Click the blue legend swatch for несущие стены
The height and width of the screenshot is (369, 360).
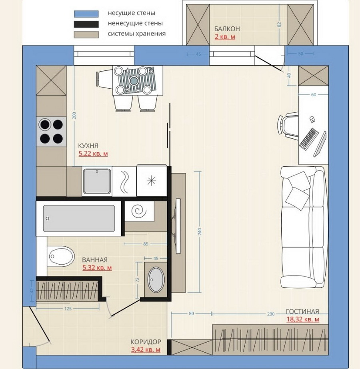point(86,14)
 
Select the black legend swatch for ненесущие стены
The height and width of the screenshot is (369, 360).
point(86,24)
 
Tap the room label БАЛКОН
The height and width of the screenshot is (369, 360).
point(227,29)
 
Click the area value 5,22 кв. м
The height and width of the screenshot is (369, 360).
point(93,154)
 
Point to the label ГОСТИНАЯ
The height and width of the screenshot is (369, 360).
point(302,311)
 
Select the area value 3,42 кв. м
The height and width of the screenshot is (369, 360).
point(146,349)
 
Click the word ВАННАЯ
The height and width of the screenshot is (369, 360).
point(95,260)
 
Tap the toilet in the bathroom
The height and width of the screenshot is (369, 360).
point(61,256)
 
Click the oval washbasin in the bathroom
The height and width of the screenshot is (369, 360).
point(156,279)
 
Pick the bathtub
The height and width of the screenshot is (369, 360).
point(79,218)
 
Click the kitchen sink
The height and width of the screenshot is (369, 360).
point(97,181)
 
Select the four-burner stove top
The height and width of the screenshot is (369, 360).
point(51,132)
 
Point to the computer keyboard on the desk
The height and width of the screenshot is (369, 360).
point(309,139)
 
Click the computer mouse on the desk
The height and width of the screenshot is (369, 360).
point(312,119)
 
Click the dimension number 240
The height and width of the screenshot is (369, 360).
point(200,231)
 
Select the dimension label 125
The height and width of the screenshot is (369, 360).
point(68,309)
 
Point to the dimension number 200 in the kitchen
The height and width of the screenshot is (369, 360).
point(74,115)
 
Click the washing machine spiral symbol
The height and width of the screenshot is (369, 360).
point(139,211)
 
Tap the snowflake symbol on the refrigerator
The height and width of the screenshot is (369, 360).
point(151,181)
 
